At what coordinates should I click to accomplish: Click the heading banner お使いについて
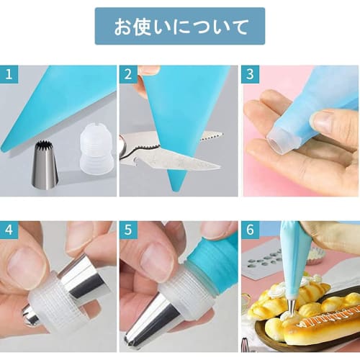(180, 27)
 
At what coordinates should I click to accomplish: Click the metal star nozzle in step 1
(45, 165)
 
